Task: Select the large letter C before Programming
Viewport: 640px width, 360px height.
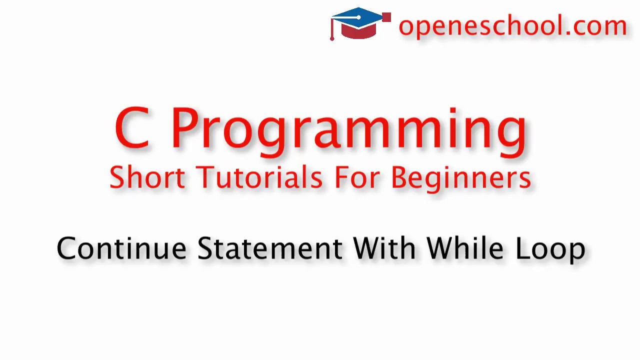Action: tap(132, 128)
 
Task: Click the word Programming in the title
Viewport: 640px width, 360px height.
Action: tap(348, 130)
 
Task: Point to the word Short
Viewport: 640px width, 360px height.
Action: tap(147, 177)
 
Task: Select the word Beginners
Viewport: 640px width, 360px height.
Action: tap(460, 179)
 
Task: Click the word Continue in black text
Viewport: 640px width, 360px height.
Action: tap(121, 248)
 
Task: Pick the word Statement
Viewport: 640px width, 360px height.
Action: tap(270, 248)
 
